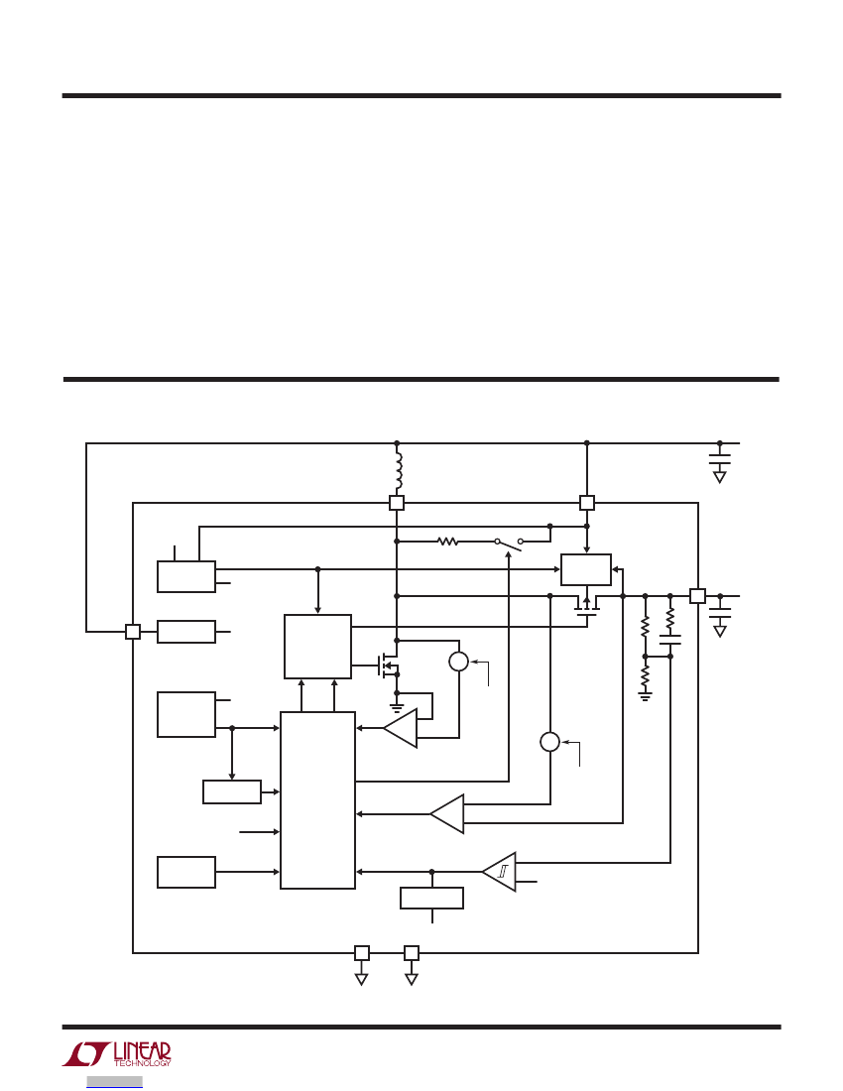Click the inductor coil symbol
399,471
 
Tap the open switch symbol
509,543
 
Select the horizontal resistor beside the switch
448,541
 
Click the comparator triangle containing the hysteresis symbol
500,872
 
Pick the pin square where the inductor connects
397,503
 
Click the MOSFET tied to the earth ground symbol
388,666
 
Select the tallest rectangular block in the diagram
318,800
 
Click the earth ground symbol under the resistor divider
646,696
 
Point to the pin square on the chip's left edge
133,632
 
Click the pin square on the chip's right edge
697,596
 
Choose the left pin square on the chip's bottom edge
362,952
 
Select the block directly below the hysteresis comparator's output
432,899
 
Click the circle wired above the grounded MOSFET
459,661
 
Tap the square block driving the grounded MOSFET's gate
318,647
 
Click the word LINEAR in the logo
142,1051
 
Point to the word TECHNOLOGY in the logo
142,1063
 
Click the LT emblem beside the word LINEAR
86,1054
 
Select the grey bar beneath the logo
115,1082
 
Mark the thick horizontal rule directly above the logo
421,1027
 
